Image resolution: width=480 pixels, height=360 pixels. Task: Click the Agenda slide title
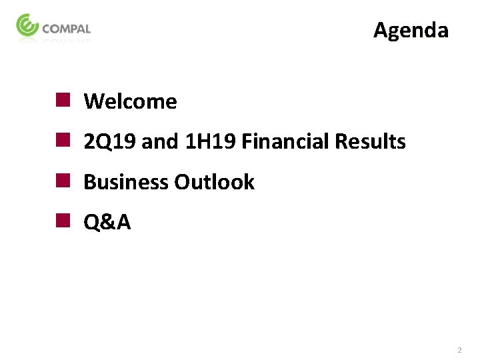pyautogui.click(x=411, y=30)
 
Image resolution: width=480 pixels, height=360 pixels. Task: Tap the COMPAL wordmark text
pyautogui.click(x=66, y=29)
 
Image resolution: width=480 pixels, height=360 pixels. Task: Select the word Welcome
pyautogui.click(x=131, y=102)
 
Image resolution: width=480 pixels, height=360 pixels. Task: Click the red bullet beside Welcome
pyautogui.click(x=63, y=101)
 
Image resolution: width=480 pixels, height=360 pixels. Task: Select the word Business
pyautogui.click(x=126, y=182)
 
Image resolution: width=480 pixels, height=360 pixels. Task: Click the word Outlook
pyautogui.click(x=214, y=182)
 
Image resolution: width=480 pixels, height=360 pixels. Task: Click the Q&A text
pyautogui.click(x=107, y=223)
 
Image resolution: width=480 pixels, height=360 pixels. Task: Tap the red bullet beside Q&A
pyautogui.click(x=63, y=221)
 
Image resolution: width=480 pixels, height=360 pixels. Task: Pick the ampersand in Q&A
pyautogui.click(x=108, y=223)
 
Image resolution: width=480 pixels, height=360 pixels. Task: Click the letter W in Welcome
pyautogui.click(x=93, y=102)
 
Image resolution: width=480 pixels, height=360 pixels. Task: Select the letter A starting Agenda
pyautogui.click(x=381, y=30)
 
